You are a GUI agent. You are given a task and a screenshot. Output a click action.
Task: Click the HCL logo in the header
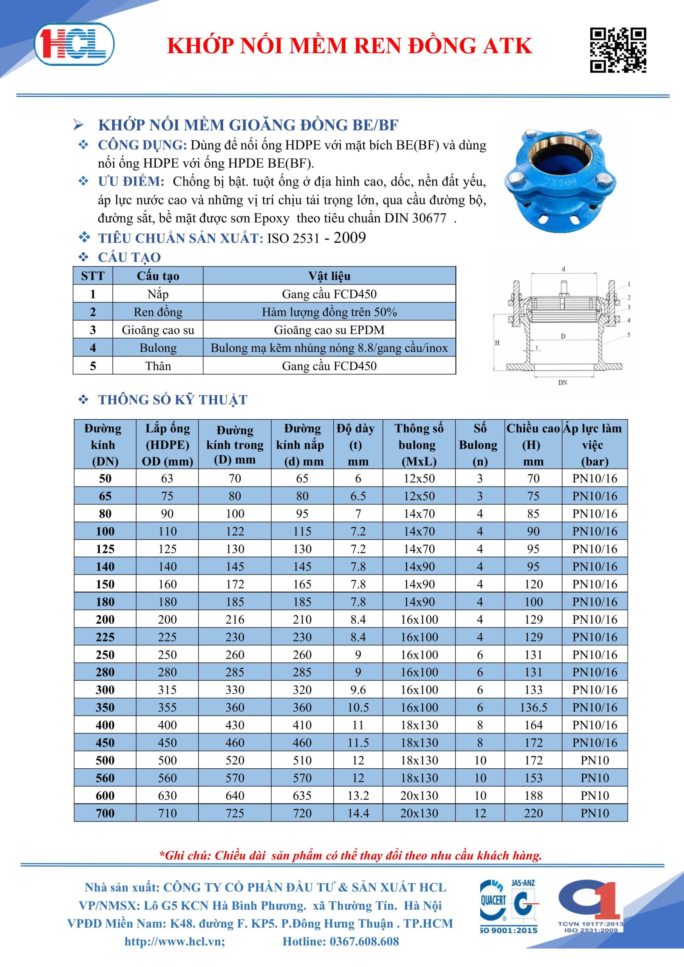[74, 45]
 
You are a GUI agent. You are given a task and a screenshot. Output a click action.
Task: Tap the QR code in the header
[617, 50]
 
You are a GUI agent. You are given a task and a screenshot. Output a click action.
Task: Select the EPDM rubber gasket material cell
[329, 330]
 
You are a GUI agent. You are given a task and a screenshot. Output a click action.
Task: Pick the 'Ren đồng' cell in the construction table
[158, 312]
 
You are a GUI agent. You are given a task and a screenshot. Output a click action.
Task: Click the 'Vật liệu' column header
[329, 276]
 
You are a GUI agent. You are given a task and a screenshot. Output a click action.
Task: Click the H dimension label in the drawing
[497, 343]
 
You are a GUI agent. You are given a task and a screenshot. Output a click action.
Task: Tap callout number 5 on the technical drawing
[629, 334]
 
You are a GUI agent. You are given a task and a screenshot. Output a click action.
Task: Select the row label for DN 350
[105, 707]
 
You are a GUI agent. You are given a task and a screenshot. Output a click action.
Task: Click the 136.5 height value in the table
[533, 707]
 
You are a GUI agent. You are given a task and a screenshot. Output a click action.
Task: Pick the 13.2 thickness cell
[358, 796]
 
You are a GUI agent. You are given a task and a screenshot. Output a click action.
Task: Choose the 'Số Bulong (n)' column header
[479, 445]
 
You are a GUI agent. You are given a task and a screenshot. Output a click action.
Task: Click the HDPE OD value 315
[167, 689]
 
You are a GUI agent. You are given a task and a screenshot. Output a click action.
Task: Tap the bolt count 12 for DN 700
[480, 813]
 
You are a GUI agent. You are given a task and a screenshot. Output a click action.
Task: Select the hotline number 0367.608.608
[340, 941]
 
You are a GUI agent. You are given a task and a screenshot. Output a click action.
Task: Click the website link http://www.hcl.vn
[175, 941]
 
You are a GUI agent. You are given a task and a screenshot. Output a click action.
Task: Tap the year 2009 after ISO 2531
[350, 238]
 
